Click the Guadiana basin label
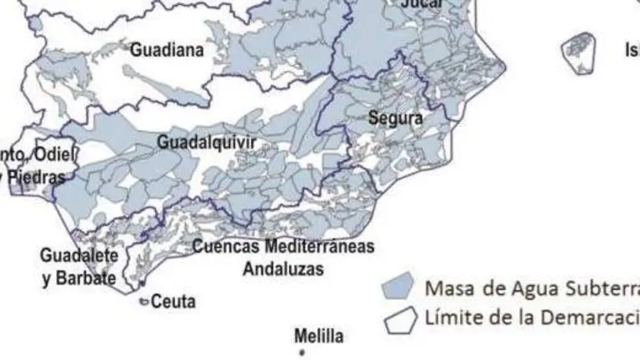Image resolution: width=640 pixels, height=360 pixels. pyautogui.click(x=167, y=50)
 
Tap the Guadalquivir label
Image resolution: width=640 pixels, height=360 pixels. pyautogui.click(x=207, y=143)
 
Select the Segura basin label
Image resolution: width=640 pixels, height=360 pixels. pyautogui.click(x=395, y=118)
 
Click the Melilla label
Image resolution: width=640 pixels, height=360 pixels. pyautogui.click(x=318, y=337)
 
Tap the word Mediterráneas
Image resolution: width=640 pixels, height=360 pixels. pyautogui.click(x=320, y=247)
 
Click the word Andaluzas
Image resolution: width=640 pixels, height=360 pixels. pyautogui.click(x=283, y=269)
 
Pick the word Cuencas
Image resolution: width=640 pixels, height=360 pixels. pyautogui.click(x=227, y=247)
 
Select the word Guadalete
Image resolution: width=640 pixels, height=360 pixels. pyautogui.click(x=79, y=254)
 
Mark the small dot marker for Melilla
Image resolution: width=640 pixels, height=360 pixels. pyautogui.click(x=303, y=353)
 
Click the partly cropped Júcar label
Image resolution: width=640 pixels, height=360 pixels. pyautogui.click(x=422, y=3)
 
